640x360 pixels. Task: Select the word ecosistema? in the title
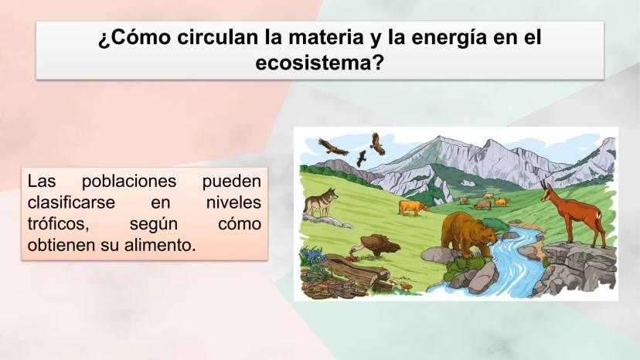coord(319,63)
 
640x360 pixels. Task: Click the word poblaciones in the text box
coord(129,182)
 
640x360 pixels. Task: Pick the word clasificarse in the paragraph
coord(71,202)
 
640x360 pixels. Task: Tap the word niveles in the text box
coord(233,202)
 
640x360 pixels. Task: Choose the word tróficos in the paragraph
coord(58,224)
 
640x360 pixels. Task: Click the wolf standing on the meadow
coord(321,202)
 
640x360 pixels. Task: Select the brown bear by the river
coord(468,234)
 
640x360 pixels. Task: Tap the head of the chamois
coord(547,191)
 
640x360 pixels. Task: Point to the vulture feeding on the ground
coord(373,246)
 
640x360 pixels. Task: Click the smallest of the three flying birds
coord(361,158)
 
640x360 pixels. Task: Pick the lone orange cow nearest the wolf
coord(413,207)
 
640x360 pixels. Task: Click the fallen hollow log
coord(355,270)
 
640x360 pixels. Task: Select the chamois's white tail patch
coord(598,216)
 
